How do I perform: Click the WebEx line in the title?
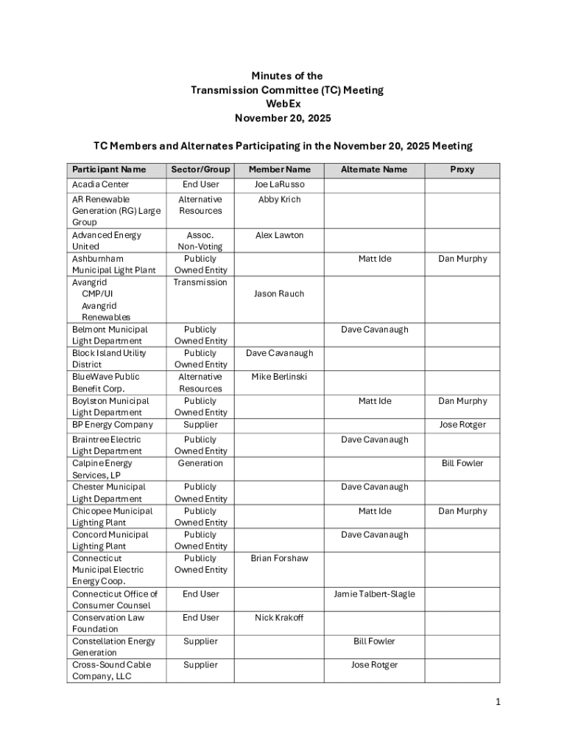[x=287, y=104]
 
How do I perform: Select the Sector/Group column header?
[x=200, y=170]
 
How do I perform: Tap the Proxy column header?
[x=462, y=170]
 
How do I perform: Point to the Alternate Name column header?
[x=374, y=170]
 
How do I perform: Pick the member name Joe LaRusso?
[x=279, y=184]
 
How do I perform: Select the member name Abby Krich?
[x=279, y=200]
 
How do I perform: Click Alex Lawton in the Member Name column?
[x=279, y=235]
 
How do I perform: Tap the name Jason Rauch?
[x=279, y=294]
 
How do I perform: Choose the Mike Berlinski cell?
[x=279, y=377]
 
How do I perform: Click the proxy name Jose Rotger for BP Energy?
[x=462, y=425]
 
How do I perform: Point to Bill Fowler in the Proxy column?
[x=462, y=463]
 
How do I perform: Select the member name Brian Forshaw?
[x=279, y=558]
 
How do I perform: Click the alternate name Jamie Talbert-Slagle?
[x=374, y=594]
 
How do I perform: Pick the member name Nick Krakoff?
[x=279, y=617]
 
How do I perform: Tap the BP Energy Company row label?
[x=113, y=425]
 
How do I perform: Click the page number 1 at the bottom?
[x=498, y=702]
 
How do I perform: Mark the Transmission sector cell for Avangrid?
[x=200, y=282]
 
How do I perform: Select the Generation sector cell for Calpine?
[x=200, y=463]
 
